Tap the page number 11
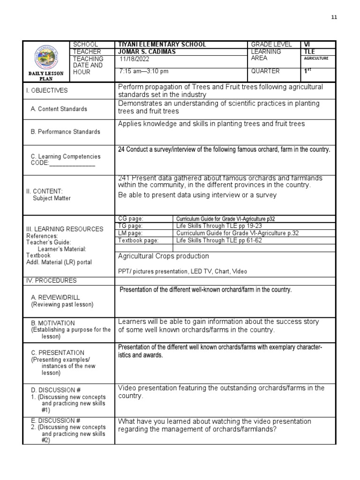pos(334,17)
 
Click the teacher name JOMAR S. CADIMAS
pos(147,52)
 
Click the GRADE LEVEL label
pos(271,45)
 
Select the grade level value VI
pos(307,45)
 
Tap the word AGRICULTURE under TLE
pos(316,59)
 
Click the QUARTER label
pos(265,72)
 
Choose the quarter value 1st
pos(308,71)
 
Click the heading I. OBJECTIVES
pos(47,90)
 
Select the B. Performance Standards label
pos(65,132)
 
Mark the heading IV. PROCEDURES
pos(52,281)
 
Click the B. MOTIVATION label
pos(53,323)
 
